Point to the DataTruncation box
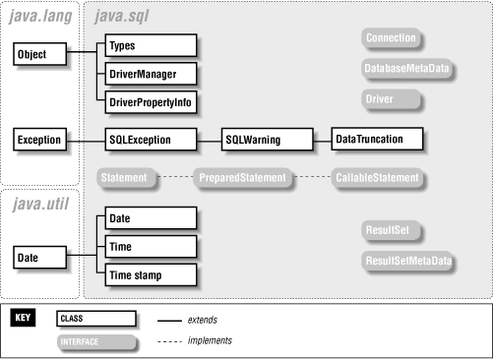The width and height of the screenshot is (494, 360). click(x=377, y=140)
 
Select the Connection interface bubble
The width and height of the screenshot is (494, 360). click(x=391, y=38)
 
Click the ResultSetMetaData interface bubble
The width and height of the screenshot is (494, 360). click(x=407, y=261)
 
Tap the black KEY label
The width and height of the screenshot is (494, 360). click(x=24, y=319)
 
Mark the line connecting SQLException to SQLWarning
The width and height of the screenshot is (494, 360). click(x=209, y=141)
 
